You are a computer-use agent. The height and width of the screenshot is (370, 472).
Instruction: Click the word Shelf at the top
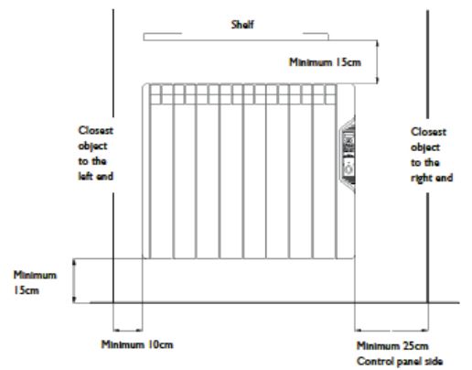242,25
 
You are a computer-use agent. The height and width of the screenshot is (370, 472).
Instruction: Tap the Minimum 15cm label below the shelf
325,62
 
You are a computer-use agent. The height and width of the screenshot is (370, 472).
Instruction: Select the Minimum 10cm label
137,344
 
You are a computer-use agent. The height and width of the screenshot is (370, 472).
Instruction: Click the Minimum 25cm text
392,346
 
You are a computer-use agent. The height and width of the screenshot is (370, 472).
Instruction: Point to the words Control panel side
400,361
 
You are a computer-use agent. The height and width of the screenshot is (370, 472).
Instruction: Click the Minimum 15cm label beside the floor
35,282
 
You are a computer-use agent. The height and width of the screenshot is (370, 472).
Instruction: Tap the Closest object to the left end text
96,153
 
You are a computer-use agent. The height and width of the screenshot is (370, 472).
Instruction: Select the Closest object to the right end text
432,155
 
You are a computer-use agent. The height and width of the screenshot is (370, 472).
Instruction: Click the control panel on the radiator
348,155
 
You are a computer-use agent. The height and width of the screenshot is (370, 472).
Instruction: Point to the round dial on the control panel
349,169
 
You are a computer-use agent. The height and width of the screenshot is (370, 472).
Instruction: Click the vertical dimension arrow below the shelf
378,61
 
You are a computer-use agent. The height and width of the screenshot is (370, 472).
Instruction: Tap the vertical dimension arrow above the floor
74,281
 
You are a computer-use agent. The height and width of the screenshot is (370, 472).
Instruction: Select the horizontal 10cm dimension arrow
127,330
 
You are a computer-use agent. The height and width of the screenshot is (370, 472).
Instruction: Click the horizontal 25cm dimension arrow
392,330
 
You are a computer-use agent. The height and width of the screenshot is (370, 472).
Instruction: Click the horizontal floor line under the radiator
274,303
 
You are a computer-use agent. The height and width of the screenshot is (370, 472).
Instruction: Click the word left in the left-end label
85,176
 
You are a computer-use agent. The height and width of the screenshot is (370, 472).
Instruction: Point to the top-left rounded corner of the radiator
145,85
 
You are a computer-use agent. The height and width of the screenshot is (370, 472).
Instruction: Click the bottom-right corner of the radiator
353,257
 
